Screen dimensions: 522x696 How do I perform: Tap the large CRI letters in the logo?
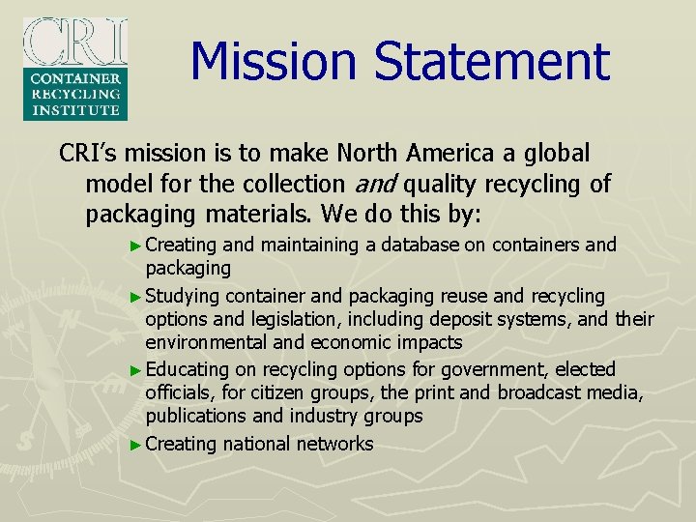coord(75,41)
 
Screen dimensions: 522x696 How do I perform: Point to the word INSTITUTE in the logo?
coord(75,110)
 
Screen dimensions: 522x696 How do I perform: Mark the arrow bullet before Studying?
coord(135,296)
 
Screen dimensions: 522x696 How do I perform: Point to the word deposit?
coord(461,319)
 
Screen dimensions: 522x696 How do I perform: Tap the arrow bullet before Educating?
coord(135,370)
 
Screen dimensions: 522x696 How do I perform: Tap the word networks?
coord(336,444)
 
